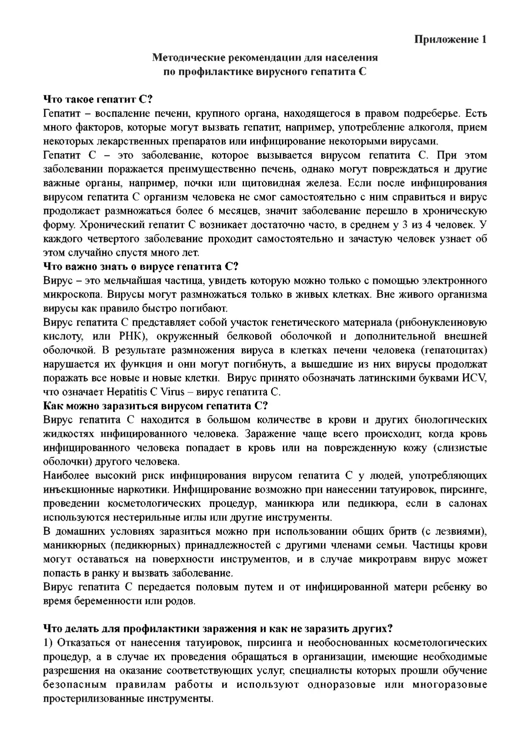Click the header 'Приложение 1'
pos(450,40)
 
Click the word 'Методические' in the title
pos(183,57)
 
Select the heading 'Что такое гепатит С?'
pos(99,99)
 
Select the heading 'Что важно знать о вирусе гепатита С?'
pos(141,267)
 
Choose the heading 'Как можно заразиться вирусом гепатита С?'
pos(155,406)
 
